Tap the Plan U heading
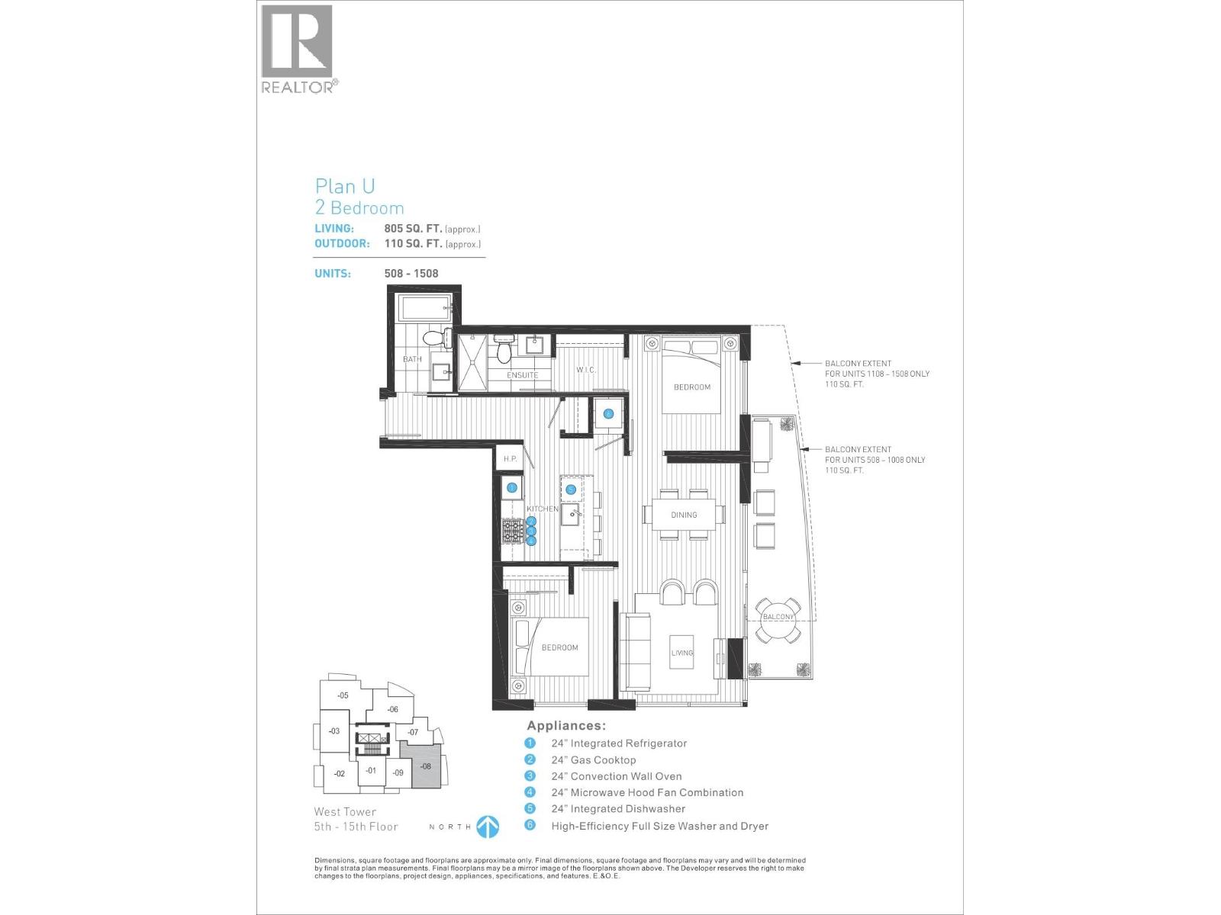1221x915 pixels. pyautogui.click(x=345, y=186)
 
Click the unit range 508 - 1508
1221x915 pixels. pyautogui.click(x=411, y=274)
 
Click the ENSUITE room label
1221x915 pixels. pyautogui.click(x=523, y=375)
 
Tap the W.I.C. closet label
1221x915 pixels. pyautogui.click(x=586, y=370)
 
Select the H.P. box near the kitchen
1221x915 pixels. pyautogui.click(x=511, y=459)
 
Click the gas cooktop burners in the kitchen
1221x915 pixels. pyautogui.click(x=512, y=531)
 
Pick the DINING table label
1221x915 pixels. pyautogui.click(x=684, y=515)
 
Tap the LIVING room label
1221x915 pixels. pyautogui.click(x=681, y=653)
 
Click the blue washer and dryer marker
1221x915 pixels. pyautogui.click(x=608, y=414)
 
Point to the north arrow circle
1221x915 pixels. pyautogui.click(x=488, y=827)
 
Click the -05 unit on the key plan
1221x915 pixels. pyautogui.click(x=343, y=695)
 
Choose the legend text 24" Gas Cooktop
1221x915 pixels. pyautogui.click(x=593, y=759)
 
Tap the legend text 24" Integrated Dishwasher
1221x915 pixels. pyautogui.click(x=617, y=809)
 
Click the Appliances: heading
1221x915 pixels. pyautogui.click(x=565, y=726)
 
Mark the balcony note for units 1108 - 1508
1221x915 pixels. pyautogui.click(x=876, y=374)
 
